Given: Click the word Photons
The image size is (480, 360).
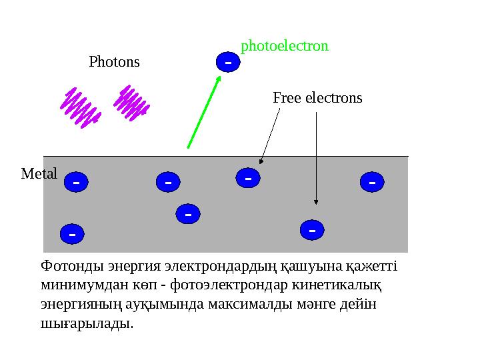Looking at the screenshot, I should pos(114,62).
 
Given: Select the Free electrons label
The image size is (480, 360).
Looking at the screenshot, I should pos(317,98).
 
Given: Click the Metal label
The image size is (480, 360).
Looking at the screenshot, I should pos(39,174).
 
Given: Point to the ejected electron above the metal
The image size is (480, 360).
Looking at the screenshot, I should pos(228,62).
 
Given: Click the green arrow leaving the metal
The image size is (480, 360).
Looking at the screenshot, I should pos(203,112).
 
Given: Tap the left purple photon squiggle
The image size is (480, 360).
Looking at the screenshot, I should pos(80,107).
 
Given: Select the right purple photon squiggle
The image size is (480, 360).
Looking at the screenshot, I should pos(131,102).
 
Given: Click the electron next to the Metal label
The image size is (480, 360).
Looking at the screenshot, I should pos(77,181).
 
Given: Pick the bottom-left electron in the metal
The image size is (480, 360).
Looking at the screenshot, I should pos(72,234).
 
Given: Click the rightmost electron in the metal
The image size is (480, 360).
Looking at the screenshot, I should pos(372,180).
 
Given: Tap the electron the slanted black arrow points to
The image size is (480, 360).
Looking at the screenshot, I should pos(248,178).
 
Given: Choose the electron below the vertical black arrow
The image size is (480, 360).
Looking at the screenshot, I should pos(312,230).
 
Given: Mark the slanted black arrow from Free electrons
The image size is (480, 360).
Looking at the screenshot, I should pos(270,137).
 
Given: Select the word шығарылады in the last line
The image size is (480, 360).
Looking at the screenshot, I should pos(86,323).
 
